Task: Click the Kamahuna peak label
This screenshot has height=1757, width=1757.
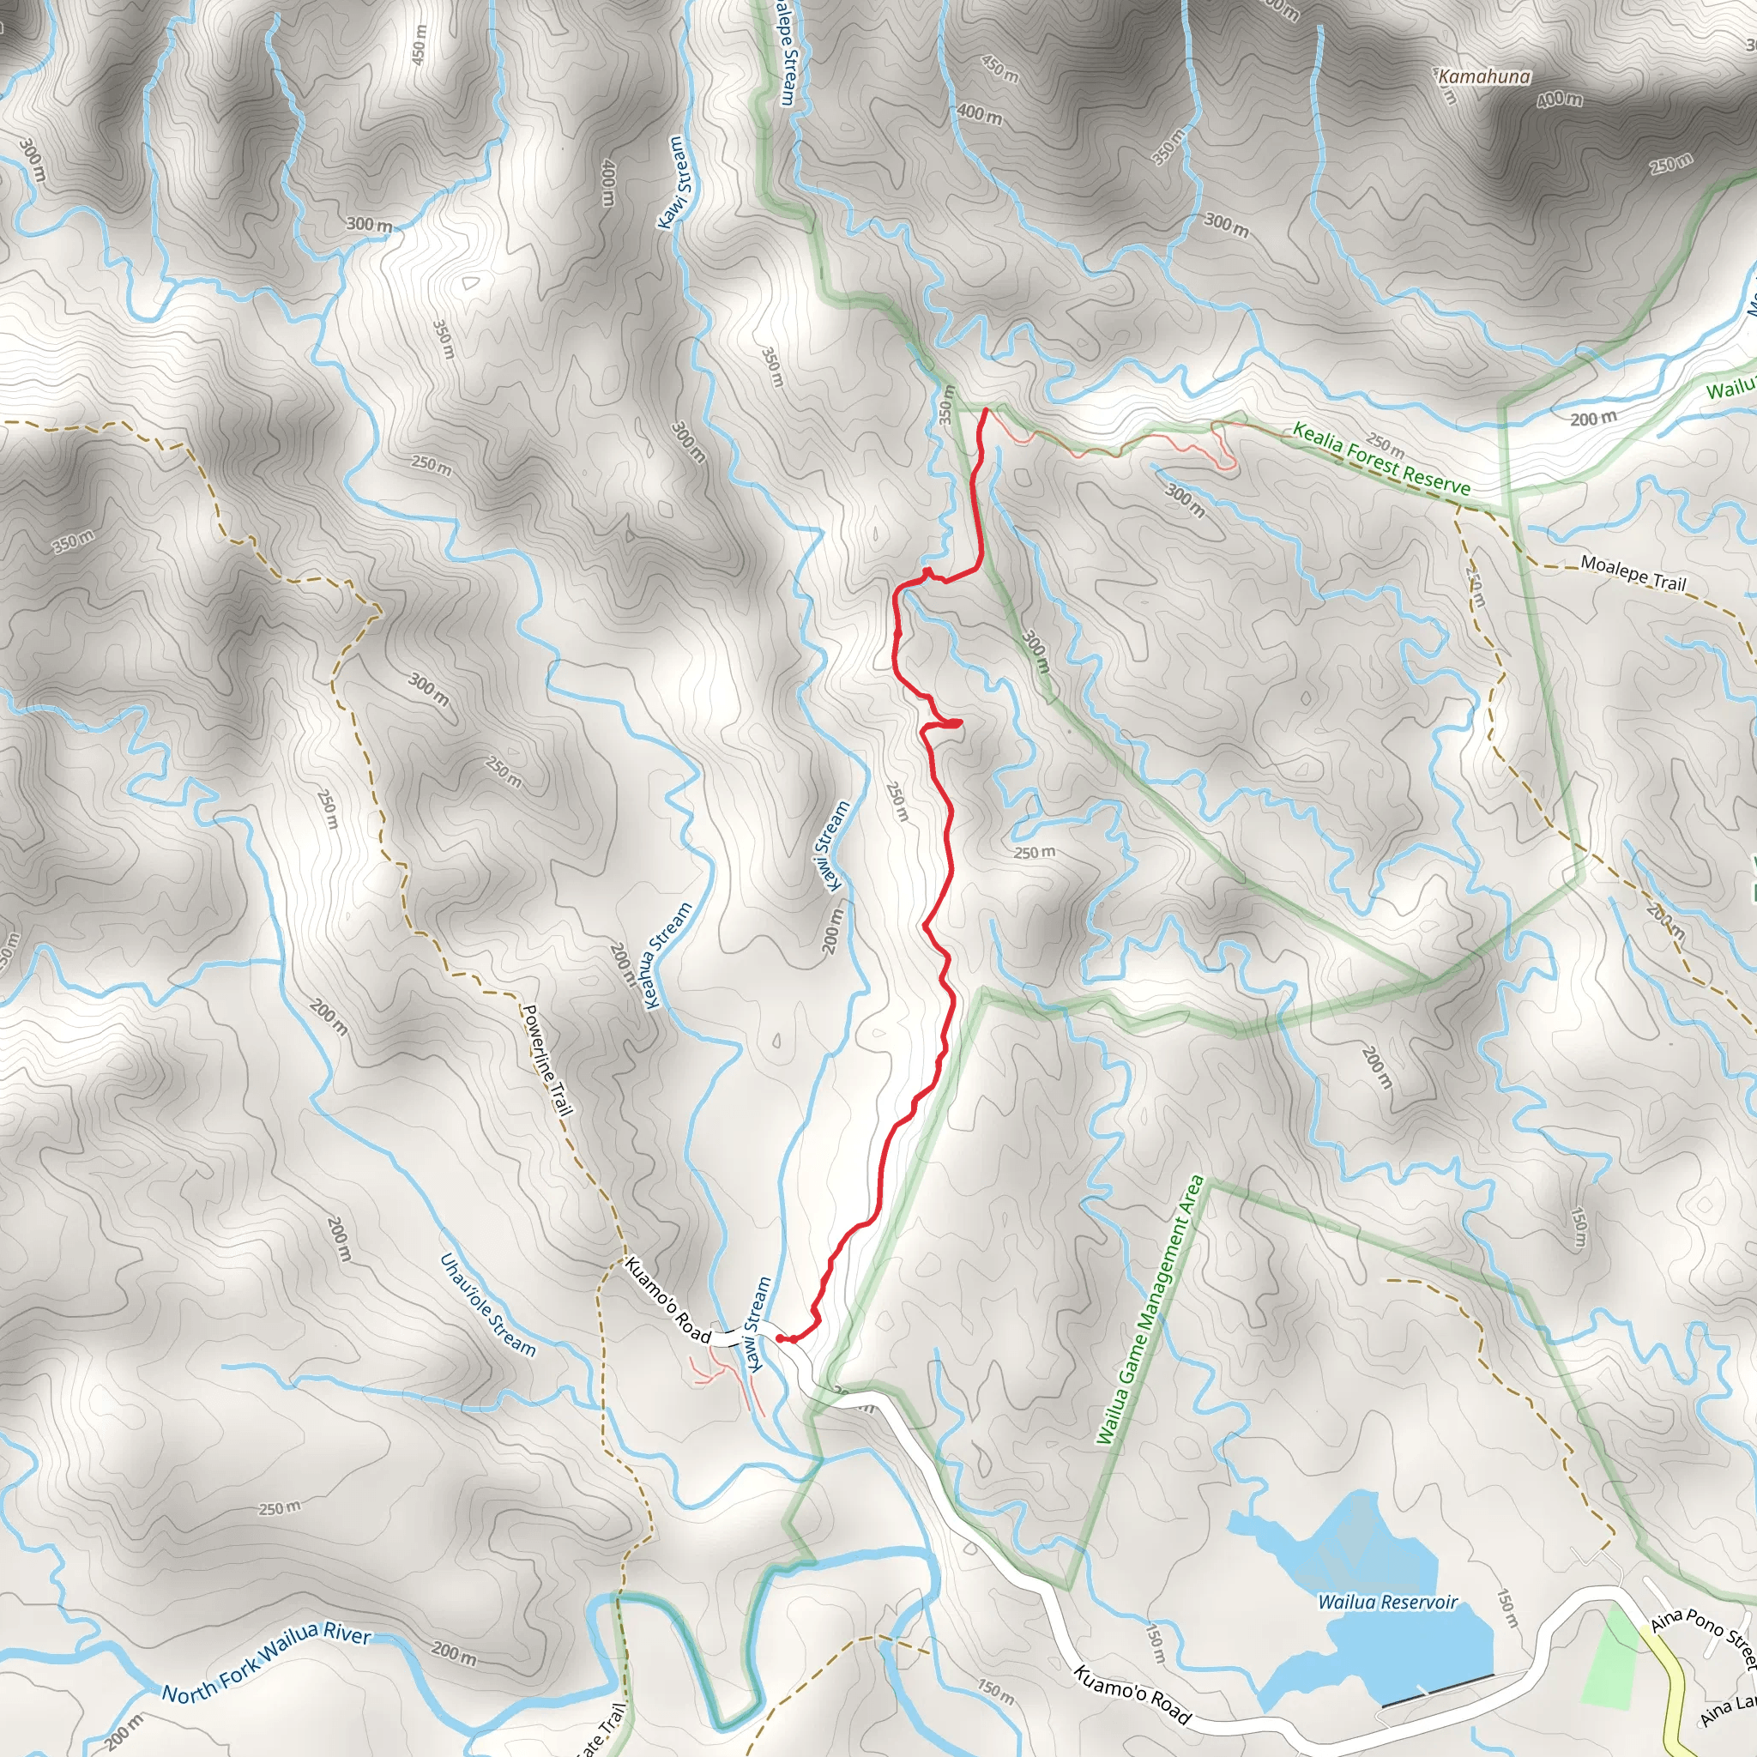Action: pos(1484,76)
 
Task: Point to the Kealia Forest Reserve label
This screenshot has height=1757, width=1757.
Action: pos(1381,459)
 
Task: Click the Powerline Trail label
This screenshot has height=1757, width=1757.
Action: pos(546,1060)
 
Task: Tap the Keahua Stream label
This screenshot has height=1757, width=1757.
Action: pos(668,956)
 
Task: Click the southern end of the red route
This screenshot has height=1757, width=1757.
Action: pos(782,1337)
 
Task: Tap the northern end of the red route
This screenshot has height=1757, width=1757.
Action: pos(986,411)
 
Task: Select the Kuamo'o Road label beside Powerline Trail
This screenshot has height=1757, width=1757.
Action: pos(668,1301)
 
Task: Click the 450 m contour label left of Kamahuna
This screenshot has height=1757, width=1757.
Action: pos(999,69)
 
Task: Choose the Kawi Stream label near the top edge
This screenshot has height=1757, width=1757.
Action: pos(676,182)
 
